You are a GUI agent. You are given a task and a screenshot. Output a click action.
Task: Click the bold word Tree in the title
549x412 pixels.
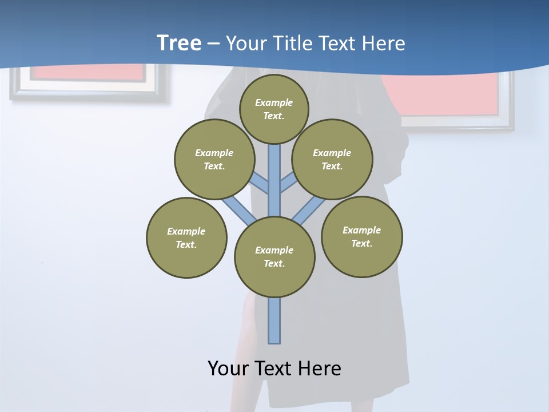(179, 43)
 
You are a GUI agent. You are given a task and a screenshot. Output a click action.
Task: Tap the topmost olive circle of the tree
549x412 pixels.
(274, 109)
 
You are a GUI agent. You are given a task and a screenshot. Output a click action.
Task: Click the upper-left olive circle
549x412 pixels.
(214, 160)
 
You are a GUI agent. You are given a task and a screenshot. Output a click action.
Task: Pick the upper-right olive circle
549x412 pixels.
(332, 160)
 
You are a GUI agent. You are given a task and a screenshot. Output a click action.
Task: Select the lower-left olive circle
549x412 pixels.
(186, 238)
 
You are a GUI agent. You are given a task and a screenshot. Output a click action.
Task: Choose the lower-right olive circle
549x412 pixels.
(361, 237)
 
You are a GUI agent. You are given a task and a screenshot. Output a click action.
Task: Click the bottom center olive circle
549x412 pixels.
(274, 257)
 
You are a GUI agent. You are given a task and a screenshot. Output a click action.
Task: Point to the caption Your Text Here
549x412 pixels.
(274, 369)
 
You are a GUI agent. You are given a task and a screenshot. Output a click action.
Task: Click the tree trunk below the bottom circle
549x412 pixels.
(274, 320)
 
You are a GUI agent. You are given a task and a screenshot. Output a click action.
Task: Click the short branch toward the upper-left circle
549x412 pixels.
(260, 184)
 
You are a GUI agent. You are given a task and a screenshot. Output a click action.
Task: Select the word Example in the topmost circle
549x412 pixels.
(274, 102)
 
